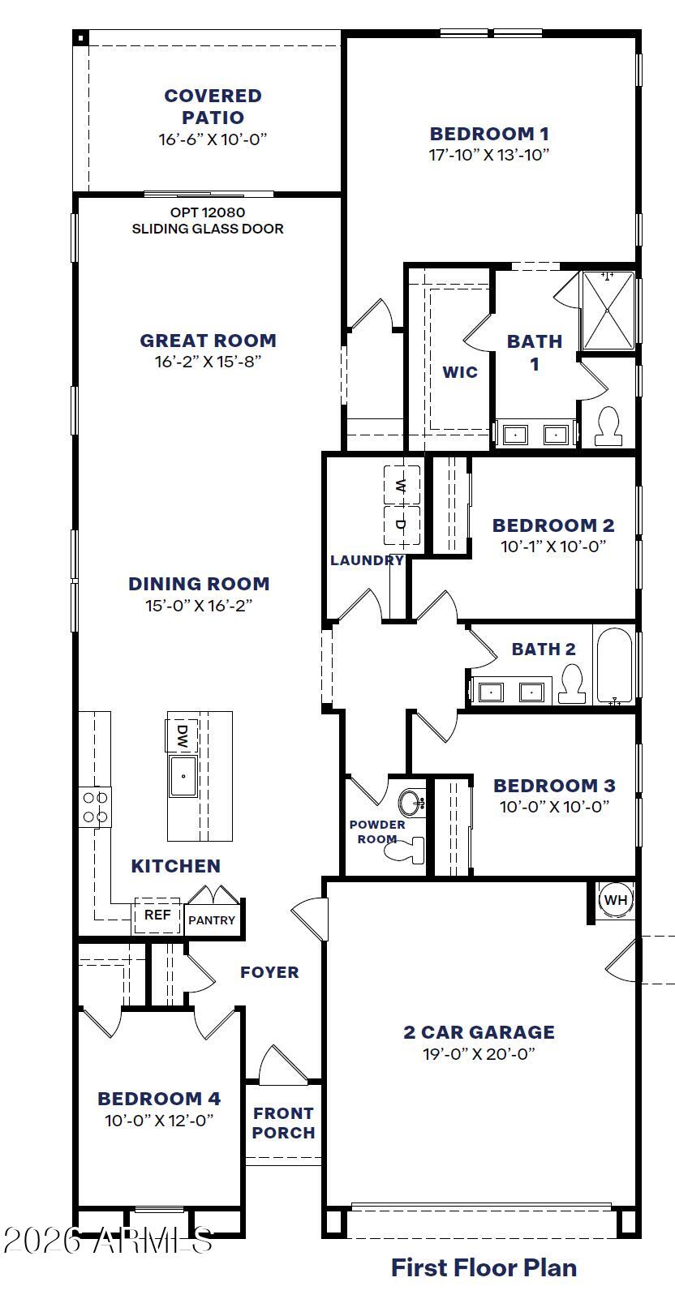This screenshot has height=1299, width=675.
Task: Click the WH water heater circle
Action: pyautogui.click(x=615, y=899)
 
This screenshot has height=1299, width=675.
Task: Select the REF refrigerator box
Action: pyautogui.click(x=157, y=915)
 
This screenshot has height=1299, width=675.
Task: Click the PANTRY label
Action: pyautogui.click(x=212, y=920)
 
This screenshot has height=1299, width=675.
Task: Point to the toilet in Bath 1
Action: pyautogui.click(x=608, y=427)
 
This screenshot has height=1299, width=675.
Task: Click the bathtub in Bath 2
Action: pyautogui.click(x=613, y=665)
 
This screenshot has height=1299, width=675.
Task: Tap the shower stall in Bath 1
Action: pyautogui.click(x=608, y=311)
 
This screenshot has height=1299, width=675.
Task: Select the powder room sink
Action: pyautogui.click(x=411, y=804)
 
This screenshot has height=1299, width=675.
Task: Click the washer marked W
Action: pyautogui.click(x=402, y=485)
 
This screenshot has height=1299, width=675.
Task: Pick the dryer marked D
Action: pyautogui.click(x=402, y=525)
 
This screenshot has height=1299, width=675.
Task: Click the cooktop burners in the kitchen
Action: pyautogui.click(x=95, y=808)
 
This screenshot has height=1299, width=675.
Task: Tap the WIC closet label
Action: pyautogui.click(x=460, y=371)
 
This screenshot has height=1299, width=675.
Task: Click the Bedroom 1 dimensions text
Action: pyautogui.click(x=488, y=155)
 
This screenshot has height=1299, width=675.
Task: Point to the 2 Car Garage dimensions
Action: pyautogui.click(x=479, y=1053)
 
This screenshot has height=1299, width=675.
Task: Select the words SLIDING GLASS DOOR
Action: pyautogui.click(x=208, y=229)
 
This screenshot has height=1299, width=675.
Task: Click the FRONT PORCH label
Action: pyautogui.click(x=284, y=1123)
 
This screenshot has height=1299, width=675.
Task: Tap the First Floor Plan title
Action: pyautogui.click(x=484, y=1267)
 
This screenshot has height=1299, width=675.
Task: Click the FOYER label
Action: pyautogui.click(x=270, y=972)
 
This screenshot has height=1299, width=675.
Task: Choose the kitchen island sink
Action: pyautogui.click(x=183, y=775)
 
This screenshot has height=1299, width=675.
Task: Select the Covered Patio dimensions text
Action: pyautogui.click(x=213, y=139)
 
